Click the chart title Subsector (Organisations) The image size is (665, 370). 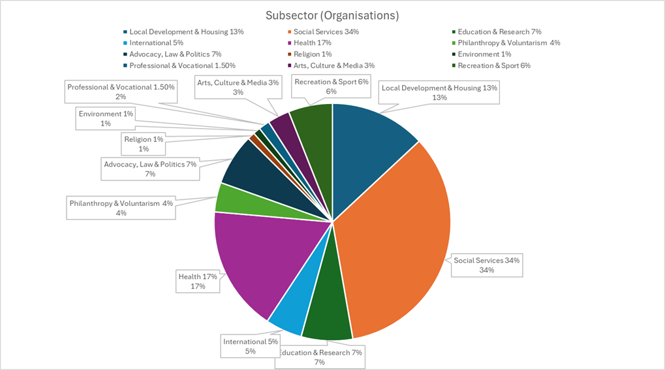(332, 14)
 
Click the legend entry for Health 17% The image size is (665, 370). (313, 42)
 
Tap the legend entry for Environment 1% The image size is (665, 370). (484, 54)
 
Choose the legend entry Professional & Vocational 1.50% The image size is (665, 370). (182, 65)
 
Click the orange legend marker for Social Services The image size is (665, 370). (288, 31)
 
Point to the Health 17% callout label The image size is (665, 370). (198, 281)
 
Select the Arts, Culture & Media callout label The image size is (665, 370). (238, 87)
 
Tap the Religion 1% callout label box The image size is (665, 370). (143, 144)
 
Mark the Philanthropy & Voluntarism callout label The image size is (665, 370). (121, 208)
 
